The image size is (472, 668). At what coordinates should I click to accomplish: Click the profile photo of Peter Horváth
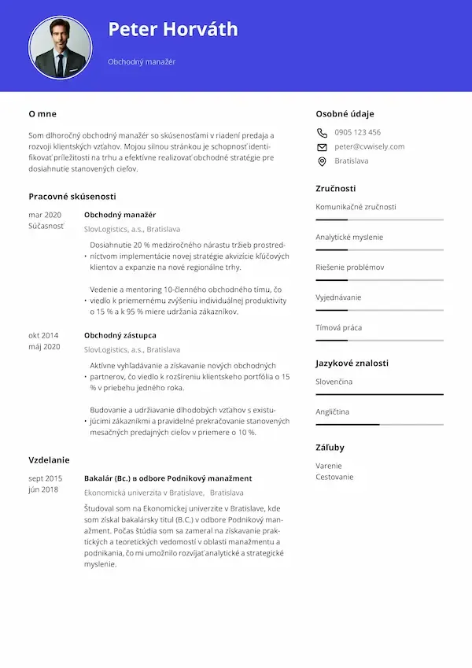point(61,47)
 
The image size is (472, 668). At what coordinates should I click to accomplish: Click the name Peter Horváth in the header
point(172,30)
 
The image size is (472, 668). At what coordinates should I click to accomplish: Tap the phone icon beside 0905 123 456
point(322,133)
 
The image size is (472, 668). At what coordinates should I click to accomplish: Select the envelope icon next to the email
point(322,147)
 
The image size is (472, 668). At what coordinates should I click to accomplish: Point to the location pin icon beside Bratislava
point(322,161)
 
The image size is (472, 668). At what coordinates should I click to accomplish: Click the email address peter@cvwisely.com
point(369,147)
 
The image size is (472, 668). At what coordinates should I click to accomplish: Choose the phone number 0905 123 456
point(357,133)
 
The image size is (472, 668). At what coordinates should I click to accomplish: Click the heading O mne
point(42,114)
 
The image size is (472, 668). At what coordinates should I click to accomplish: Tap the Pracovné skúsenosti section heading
point(72,196)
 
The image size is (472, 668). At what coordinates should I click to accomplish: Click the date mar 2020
point(45,215)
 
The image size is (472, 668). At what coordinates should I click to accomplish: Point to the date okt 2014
point(44,335)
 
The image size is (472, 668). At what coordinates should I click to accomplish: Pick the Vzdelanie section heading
point(49,460)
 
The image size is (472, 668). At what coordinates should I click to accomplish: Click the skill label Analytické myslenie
point(349,237)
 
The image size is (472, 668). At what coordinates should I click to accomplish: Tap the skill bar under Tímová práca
point(379,340)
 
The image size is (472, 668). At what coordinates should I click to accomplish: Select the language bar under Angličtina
point(379,424)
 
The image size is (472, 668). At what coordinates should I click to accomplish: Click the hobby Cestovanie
point(334,477)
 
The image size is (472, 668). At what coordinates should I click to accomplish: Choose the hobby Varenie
point(329,466)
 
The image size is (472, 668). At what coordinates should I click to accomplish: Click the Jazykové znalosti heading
point(352,364)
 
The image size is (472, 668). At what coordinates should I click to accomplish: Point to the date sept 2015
point(45,478)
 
